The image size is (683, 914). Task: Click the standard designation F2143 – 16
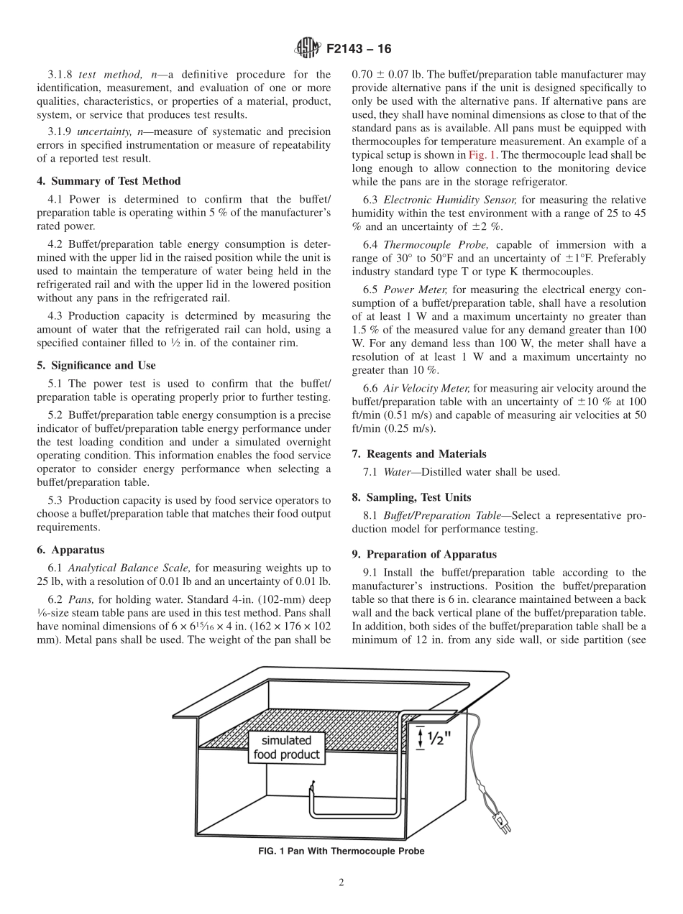click(359, 50)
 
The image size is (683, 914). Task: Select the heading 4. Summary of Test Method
click(109, 181)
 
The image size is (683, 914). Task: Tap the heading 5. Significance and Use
click(96, 365)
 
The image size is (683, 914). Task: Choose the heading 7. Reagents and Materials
click(419, 453)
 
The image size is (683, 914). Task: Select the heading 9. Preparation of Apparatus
click(424, 554)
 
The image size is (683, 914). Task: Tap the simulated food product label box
click(286, 748)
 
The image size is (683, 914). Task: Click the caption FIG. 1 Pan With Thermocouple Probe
click(341, 851)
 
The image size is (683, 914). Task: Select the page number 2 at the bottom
click(341, 883)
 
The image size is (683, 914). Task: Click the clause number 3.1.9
click(60, 131)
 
